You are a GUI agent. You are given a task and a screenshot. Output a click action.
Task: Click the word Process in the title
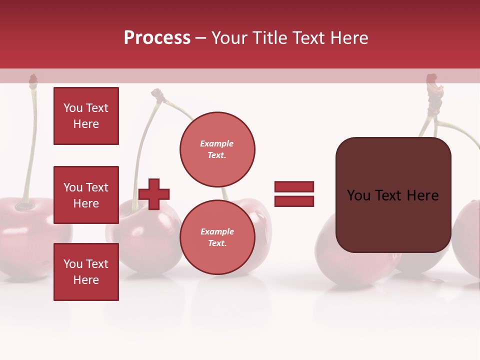click(x=157, y=38)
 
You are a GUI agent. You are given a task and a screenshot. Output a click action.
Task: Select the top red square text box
click(x=86, y=116)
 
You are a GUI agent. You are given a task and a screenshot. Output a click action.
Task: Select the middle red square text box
click(x=86, y=195)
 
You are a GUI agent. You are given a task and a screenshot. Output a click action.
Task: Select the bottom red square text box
click(x=86, y=272)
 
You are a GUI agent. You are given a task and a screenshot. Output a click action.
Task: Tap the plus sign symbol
click(x=154, y=193)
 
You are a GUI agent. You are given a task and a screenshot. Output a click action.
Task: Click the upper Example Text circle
click(x=217, y=149)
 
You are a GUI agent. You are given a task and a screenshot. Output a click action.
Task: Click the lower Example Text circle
click(x=217, y=237)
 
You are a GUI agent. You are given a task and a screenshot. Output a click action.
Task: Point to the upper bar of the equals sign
click(x=294, y=186)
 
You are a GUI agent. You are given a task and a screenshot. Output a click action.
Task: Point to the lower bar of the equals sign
click(x=294, y=201)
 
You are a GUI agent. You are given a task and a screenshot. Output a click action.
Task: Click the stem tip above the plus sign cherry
click(x=158, y=93)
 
